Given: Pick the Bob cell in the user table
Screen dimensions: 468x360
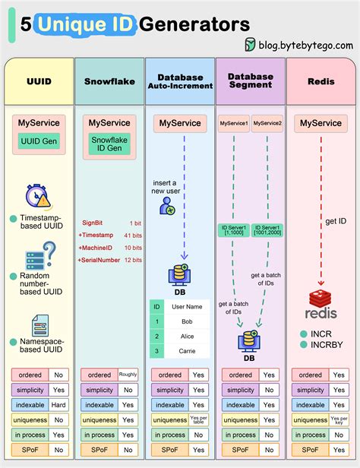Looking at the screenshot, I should tap(188, 322).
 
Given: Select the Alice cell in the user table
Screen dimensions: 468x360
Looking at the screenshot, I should tap(188, 337).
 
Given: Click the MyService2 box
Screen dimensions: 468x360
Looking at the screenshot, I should tap(267, 123).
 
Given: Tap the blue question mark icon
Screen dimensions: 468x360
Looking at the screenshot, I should tap(49, 252).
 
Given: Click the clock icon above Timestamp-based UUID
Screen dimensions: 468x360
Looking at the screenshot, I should tap(36, 195).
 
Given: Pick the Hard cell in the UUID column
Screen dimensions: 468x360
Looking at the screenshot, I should tap(59, 405).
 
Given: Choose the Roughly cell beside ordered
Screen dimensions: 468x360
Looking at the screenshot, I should tap(128, 375).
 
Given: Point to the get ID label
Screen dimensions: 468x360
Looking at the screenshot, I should tap(336, 221).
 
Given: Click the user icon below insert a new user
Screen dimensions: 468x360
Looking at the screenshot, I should tap(167, 205).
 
